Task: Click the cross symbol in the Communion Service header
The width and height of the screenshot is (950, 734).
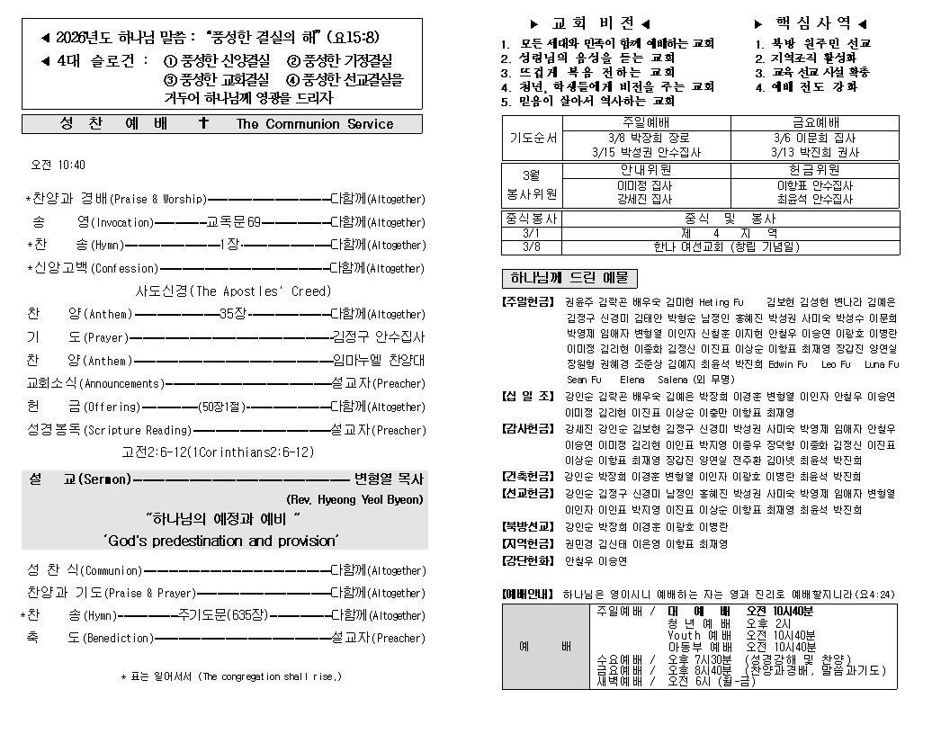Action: tap(203, 123)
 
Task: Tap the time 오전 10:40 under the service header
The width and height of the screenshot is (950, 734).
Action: tap(58, 166)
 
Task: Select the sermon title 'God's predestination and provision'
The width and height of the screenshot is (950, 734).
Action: tap(220, 541)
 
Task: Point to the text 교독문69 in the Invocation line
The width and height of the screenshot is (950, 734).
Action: tap(233, 222)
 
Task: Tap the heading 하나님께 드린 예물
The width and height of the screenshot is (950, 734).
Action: tap(569, 278)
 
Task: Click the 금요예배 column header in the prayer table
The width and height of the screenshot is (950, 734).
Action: tap(815, 122)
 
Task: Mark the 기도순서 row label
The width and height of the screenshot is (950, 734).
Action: tap(532, 139)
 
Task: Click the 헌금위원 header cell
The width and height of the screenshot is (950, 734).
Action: tap(815, 169)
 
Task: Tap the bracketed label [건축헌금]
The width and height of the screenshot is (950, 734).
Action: tap(528, 476)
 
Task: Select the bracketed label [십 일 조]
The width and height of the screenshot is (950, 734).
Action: tap(528, 397)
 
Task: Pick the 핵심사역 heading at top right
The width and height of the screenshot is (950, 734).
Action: tap(812, 23)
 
